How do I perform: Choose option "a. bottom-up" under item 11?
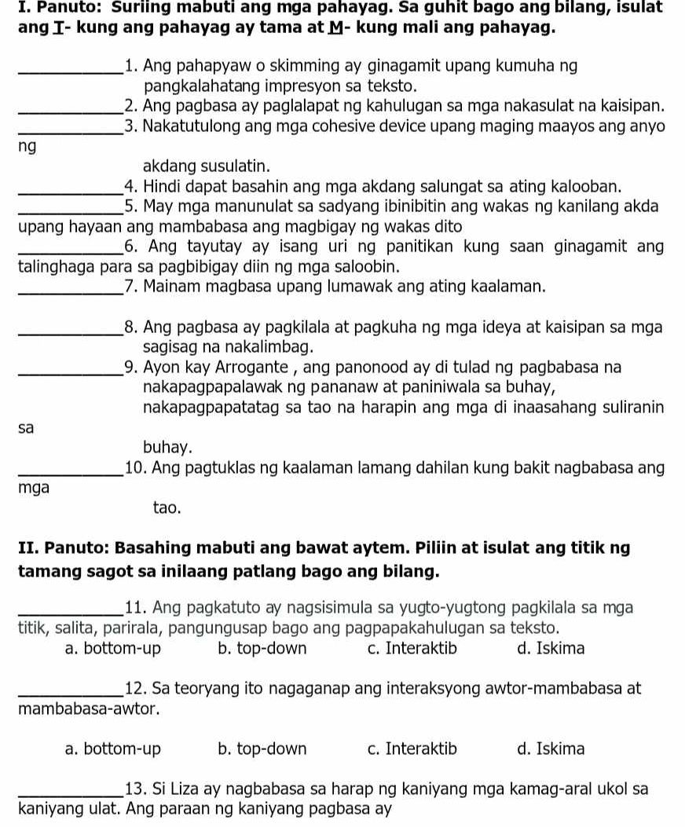pyautogui.click(x=112, y=650)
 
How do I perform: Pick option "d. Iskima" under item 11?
pyautogui.click(x=551, y=650)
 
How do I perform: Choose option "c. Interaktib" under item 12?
pyautogui.click(x=411, y=749)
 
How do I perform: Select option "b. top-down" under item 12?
pyautogui.click(x=262, y=749)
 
